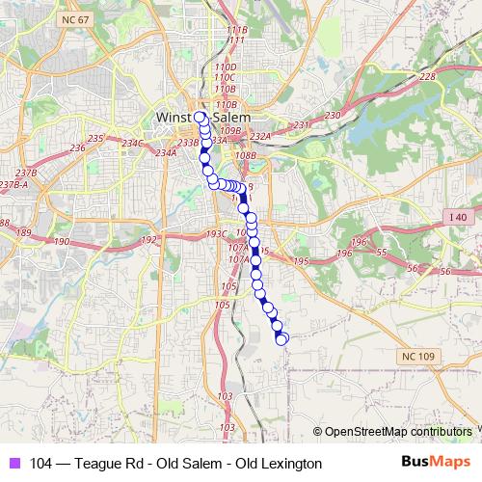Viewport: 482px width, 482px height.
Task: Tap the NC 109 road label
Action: point(415,357)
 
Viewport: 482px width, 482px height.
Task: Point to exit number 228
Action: point(428,77)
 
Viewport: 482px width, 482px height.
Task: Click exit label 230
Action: point(333,116)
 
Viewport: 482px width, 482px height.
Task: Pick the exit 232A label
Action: point(261,137)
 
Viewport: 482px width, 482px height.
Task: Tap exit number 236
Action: point(78,147)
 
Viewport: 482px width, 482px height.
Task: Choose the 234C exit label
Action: point(131,144)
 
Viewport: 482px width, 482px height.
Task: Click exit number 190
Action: point(63,242)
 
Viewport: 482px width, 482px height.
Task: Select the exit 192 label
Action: point(148,240)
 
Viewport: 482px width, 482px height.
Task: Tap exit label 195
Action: point(300,261)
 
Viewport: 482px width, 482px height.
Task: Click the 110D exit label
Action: point(226,67)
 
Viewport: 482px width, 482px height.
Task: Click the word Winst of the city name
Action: point(174,118)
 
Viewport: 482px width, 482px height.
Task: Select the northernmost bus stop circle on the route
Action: point(201,118)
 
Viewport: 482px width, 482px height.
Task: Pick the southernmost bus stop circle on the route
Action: point(281,339)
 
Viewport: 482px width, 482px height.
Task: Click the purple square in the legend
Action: point(13,464)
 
